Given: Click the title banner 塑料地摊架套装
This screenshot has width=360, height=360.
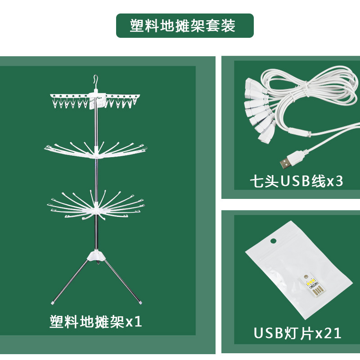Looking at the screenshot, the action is (x=184, y=26).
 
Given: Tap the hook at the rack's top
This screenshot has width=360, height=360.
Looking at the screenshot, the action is (x=95, y=81).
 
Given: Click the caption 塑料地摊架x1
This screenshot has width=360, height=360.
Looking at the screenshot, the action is (x=96, y=322).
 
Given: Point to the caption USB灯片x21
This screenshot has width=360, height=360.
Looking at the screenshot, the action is (x=297, y=333).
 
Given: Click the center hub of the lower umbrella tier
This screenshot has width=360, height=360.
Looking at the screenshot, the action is (x=96, y=211).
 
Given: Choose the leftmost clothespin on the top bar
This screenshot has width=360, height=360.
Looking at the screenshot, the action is (x=55, y=105).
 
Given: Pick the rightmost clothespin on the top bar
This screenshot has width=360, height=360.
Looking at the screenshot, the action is (x=135, y=104).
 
